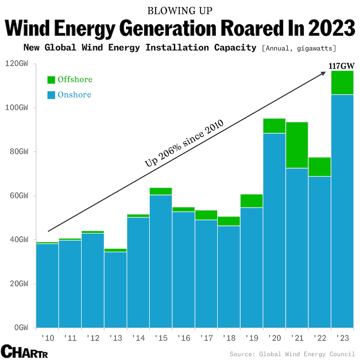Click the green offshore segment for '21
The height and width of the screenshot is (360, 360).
pos(297,145)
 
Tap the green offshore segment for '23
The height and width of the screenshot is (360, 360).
pos(342,83)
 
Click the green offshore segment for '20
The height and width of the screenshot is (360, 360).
pos(274,126)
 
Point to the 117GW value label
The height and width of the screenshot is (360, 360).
pos(341,66)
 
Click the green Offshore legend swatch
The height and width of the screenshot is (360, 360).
pos(51,80)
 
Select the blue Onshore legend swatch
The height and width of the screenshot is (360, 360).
pos(51,95)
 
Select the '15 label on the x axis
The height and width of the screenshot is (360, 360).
pos(161,338)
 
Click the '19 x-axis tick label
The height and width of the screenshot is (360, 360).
pos(252,338)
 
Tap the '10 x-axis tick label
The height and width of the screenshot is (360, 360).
pos(48,338)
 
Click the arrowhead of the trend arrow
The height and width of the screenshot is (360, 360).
pos(323,73)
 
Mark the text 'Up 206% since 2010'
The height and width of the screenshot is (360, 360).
pos(184,143)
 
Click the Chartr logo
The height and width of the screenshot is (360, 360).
pos(24,351)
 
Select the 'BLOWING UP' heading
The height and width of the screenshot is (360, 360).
pos(180,11)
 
